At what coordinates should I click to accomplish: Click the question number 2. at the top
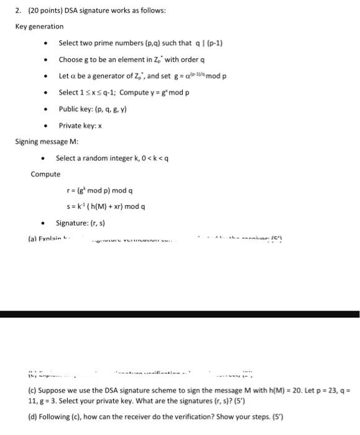click(x=19, y=11)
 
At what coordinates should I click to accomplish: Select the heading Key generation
click(x=39, y=27)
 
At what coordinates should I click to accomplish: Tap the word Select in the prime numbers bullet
click(x=68, y=43)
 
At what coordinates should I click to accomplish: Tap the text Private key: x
click(x=80, y=126)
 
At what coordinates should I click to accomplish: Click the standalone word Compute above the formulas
click(x=45, y=174)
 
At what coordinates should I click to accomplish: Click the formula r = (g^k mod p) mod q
click(x=99, y=191)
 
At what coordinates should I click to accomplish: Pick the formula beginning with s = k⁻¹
click(x=106, y=206)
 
